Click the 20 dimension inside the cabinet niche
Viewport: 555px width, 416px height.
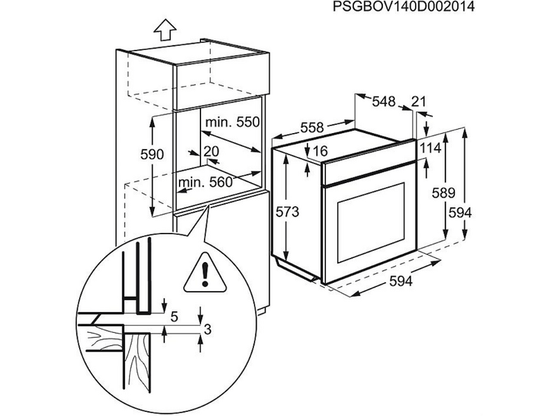coord(212,151)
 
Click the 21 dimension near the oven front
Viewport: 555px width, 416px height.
coord(419,102)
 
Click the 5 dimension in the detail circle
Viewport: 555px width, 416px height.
coord(174,317)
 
